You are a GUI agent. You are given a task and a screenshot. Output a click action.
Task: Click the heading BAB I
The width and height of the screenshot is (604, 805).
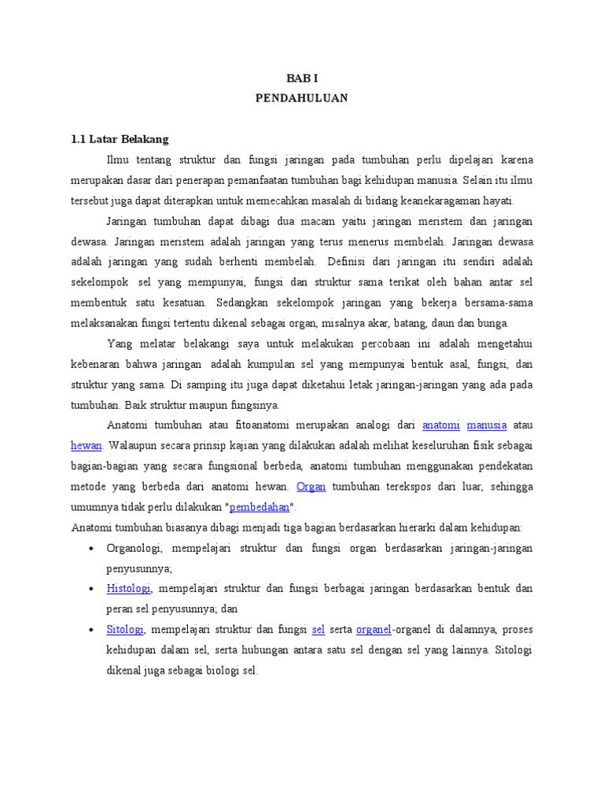[301, 79]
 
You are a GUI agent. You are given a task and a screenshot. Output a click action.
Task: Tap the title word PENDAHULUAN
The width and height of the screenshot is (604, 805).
[301, 98]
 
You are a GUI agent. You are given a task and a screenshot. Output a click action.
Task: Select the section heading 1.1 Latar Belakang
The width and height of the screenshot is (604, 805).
[120, 139]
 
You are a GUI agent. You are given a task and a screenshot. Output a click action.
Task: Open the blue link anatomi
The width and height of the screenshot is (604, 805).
[440, 425]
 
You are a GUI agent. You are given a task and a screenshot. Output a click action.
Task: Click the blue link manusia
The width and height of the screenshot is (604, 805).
[487, 425]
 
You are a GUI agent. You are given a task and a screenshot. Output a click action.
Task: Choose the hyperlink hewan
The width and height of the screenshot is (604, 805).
[87, 446]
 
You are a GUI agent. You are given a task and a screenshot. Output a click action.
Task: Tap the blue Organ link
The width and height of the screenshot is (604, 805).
[311, 487]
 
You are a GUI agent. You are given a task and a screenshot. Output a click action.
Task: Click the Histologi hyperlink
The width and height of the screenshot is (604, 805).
[129, 589]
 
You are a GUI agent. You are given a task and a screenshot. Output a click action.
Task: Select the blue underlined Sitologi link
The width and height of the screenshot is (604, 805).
[124, 630]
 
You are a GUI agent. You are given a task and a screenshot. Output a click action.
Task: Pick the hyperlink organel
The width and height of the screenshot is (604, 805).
[374, 630]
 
